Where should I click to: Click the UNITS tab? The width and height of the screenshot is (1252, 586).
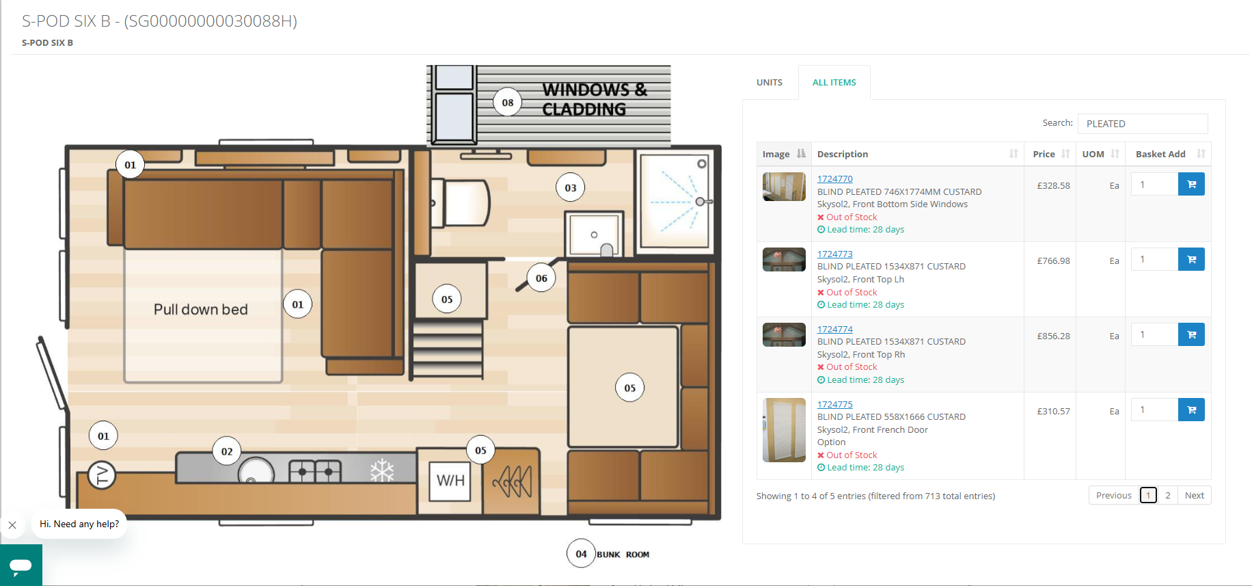[x=770, y=82]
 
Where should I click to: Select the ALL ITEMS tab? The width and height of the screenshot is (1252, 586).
[x=834, y=82]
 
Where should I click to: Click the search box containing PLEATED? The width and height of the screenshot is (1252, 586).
[x=1142, y=124]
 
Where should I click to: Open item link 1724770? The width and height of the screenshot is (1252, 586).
[x=834, y=178]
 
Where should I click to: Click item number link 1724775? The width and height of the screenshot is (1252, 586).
[x=834, y=404]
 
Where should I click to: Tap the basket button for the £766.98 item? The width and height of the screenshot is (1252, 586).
[x=1191, y=259]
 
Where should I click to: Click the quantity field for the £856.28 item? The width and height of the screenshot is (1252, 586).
[x=1154, y=334]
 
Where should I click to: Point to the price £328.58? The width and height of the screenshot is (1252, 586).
[x=1053, y=185]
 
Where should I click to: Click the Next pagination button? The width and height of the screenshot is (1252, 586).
[x=1194, y=495]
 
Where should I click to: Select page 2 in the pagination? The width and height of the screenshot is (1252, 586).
[x=1167, y=495]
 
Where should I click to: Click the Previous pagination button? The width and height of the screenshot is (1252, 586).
[x=1113, y=495]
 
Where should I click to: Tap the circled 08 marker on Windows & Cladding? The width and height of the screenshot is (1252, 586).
[x=507, y=103]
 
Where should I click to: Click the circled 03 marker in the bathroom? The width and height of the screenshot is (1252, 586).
[x=570, y=187]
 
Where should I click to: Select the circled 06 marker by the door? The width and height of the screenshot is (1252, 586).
[x=541, y=278]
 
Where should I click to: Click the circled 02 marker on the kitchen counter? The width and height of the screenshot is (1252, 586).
[x=227, y=451]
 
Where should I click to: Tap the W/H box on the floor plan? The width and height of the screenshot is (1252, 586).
[x=450, y=481]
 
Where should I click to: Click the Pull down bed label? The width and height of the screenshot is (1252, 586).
[x=201, y=310]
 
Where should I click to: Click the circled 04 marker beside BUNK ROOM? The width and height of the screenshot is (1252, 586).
[x=581, y=554]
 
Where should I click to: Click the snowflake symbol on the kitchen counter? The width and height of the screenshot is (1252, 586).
[x=382, y=470]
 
